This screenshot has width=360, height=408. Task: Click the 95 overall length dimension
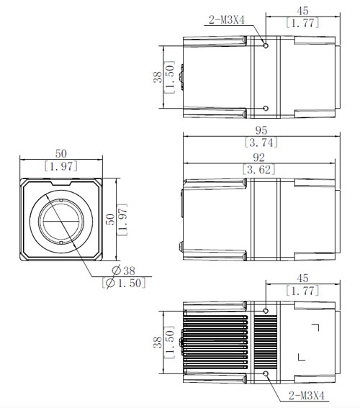pos(261,130)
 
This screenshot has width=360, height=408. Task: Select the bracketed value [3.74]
pos(261,142)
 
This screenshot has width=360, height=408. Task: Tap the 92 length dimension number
pos(258,158)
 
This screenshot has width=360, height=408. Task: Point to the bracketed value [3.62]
pos(258,170)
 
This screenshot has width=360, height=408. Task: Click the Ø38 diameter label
pos(123,271)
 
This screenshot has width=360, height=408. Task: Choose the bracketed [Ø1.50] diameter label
pos(124,283)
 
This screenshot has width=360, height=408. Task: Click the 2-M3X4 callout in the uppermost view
pos(227,19)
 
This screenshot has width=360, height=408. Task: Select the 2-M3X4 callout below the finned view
pos(307,396)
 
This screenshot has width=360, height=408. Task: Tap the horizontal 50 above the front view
pos(61,153)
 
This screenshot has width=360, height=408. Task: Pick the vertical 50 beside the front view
pos(110,219)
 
